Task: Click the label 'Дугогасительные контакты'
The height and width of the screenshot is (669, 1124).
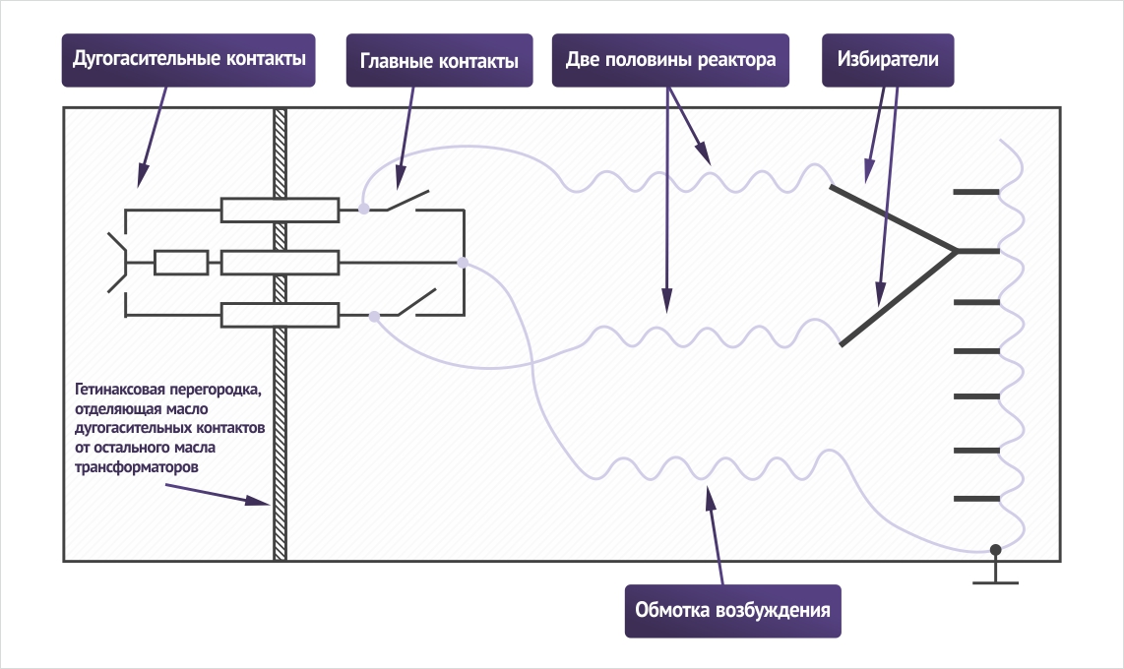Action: (189, 60)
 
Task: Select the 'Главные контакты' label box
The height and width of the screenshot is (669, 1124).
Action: (439, 60)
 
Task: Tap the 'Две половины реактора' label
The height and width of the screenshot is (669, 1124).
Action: (670, 60)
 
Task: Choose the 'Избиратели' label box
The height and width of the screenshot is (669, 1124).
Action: (888, 60)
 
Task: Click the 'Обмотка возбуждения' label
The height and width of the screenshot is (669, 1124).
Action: (732, 611)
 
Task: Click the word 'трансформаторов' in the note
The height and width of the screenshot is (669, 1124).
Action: (136, 467)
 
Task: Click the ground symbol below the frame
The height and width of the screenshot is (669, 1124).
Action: (996, 573)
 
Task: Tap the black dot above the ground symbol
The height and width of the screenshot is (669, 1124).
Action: (996, 550)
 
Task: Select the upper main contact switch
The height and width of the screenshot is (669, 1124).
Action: (407, 201)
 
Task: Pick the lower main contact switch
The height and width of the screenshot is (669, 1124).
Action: (416, 302)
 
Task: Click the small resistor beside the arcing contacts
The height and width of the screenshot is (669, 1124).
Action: (181, 263)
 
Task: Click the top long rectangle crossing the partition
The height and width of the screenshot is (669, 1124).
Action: (280, 210)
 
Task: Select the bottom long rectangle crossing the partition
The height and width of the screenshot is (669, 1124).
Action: (280, 315)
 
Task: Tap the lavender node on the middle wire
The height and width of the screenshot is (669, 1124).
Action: (463, 263)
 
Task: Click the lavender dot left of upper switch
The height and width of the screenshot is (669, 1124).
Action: (364, 209)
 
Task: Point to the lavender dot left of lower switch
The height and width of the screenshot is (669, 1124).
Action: (374, 316)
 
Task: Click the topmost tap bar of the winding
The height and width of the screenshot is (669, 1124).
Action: (976, 192)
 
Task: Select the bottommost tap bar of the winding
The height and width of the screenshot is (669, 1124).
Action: (976, 499)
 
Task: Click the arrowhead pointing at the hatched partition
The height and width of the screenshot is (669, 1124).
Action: (258, 500)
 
